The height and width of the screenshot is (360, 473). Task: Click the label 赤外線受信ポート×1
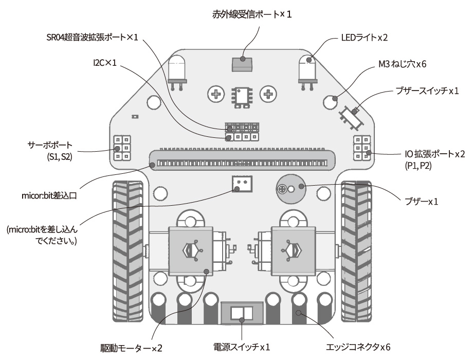coord(252,14)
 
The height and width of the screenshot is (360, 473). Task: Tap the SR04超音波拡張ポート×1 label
coord(92,38)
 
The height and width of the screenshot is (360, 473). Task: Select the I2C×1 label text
coord(105,63)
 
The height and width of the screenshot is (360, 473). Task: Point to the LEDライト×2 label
coord(363,38)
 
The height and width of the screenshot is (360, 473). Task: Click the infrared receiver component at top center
coord(242,64)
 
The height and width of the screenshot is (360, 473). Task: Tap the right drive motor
coord(288,250)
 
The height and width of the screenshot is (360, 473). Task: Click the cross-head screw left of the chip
coord(216,94)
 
